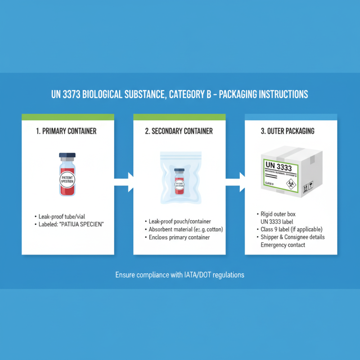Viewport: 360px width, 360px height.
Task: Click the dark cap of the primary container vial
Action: (67, 157)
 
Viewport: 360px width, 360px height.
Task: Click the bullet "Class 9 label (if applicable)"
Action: (291, 229)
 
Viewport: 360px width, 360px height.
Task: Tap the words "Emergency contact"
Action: (283, 245)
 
